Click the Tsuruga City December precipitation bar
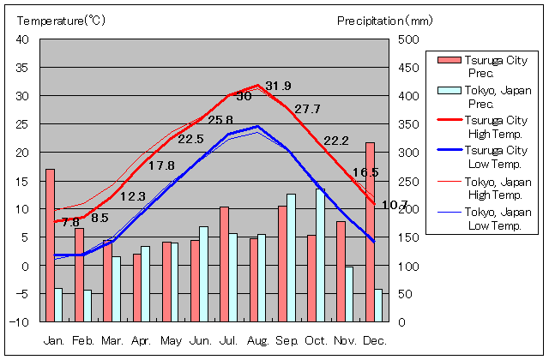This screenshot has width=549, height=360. (370, 231)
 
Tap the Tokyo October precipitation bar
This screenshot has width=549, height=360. (321, 255)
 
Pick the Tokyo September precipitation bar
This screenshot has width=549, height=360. (292, 258)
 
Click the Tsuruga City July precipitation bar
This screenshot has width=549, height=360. (224, 264)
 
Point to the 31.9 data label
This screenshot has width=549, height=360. (278, 86)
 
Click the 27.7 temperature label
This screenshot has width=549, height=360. (306, 109)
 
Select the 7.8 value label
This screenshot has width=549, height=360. (70, 222)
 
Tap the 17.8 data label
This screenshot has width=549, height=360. (161, 165)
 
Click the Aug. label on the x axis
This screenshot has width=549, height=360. (257, 340)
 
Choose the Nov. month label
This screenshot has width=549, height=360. (345, 340)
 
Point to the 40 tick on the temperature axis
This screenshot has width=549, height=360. (22, 39)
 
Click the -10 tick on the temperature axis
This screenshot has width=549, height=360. (20, 322)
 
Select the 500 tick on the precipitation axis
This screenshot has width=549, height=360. (407, 39)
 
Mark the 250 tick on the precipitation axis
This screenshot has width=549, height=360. (407, 181)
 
